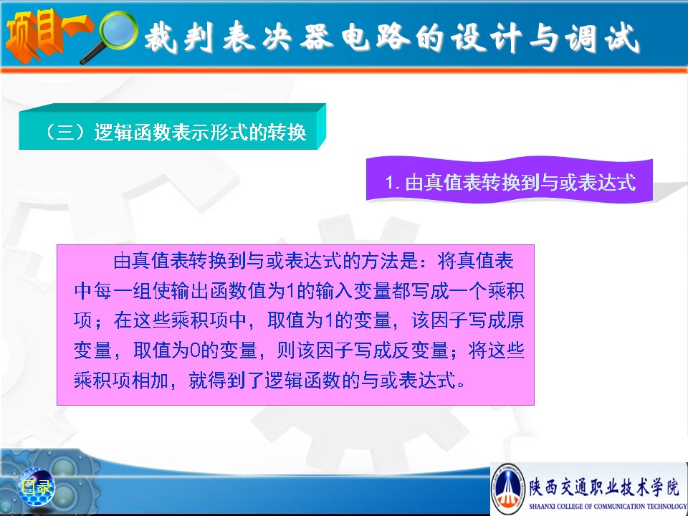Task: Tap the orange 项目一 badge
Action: (x=44, y=34)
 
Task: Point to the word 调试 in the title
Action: (x=601, y=38)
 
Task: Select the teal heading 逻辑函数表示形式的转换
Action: (x=200, y=132)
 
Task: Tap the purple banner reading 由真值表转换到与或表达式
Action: (x=510, y=181)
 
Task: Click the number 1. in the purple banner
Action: (x=392, y=183)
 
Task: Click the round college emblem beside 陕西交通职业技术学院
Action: (x=507, y=488)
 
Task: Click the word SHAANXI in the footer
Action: (x=542, y=507)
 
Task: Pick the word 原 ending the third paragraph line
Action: (x=515, y=320)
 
